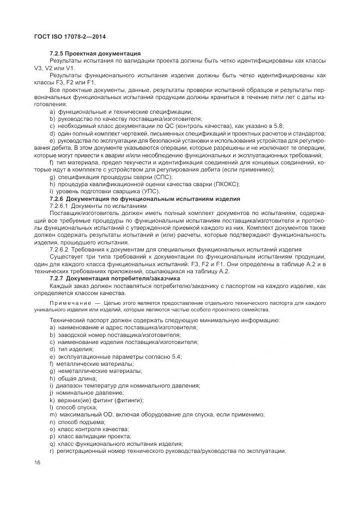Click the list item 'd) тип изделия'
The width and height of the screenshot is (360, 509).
pos(70,349)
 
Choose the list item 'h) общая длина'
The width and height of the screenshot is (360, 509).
pos(73,378)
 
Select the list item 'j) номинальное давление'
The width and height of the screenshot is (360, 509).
pos(86,393)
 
